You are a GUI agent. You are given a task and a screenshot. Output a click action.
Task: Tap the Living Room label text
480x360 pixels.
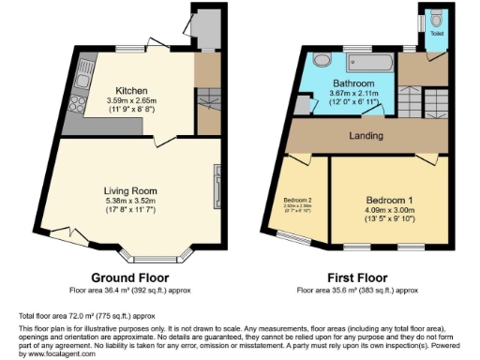tap(130, 190)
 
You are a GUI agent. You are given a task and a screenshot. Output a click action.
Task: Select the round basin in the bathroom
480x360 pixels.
tap(322, 60)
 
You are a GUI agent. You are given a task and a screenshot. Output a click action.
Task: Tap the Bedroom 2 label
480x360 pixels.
tap(298, 200)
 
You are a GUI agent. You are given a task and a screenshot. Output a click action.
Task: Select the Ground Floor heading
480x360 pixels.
tap(129, 278)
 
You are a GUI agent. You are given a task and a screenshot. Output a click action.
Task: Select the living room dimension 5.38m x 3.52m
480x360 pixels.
tap(130, 201)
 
